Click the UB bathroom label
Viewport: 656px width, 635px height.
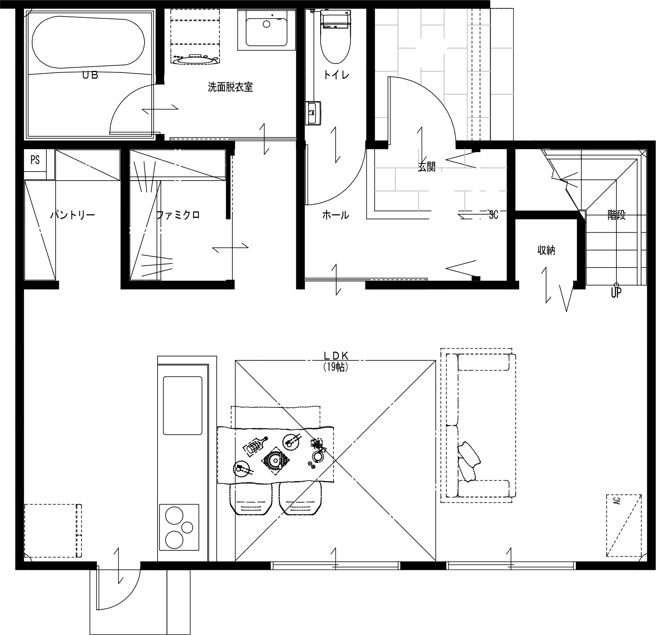click(90, 76)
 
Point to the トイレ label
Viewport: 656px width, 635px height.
click(336, 75)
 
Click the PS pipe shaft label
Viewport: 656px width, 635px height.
click(35, 160)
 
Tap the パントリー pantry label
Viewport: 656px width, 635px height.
click(72, 215)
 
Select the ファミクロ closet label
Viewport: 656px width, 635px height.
click(178, 215)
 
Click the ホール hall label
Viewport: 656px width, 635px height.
click(335, 215)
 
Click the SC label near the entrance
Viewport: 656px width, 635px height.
click(493, 215)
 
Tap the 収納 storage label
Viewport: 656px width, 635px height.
click(546, 250)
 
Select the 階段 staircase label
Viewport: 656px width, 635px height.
click(616, 215)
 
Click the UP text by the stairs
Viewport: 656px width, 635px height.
click(616, 293)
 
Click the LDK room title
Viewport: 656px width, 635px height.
click(336, 355)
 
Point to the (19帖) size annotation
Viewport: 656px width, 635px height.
click(336, 367)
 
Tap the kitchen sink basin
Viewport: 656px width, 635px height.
click(183, 405)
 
